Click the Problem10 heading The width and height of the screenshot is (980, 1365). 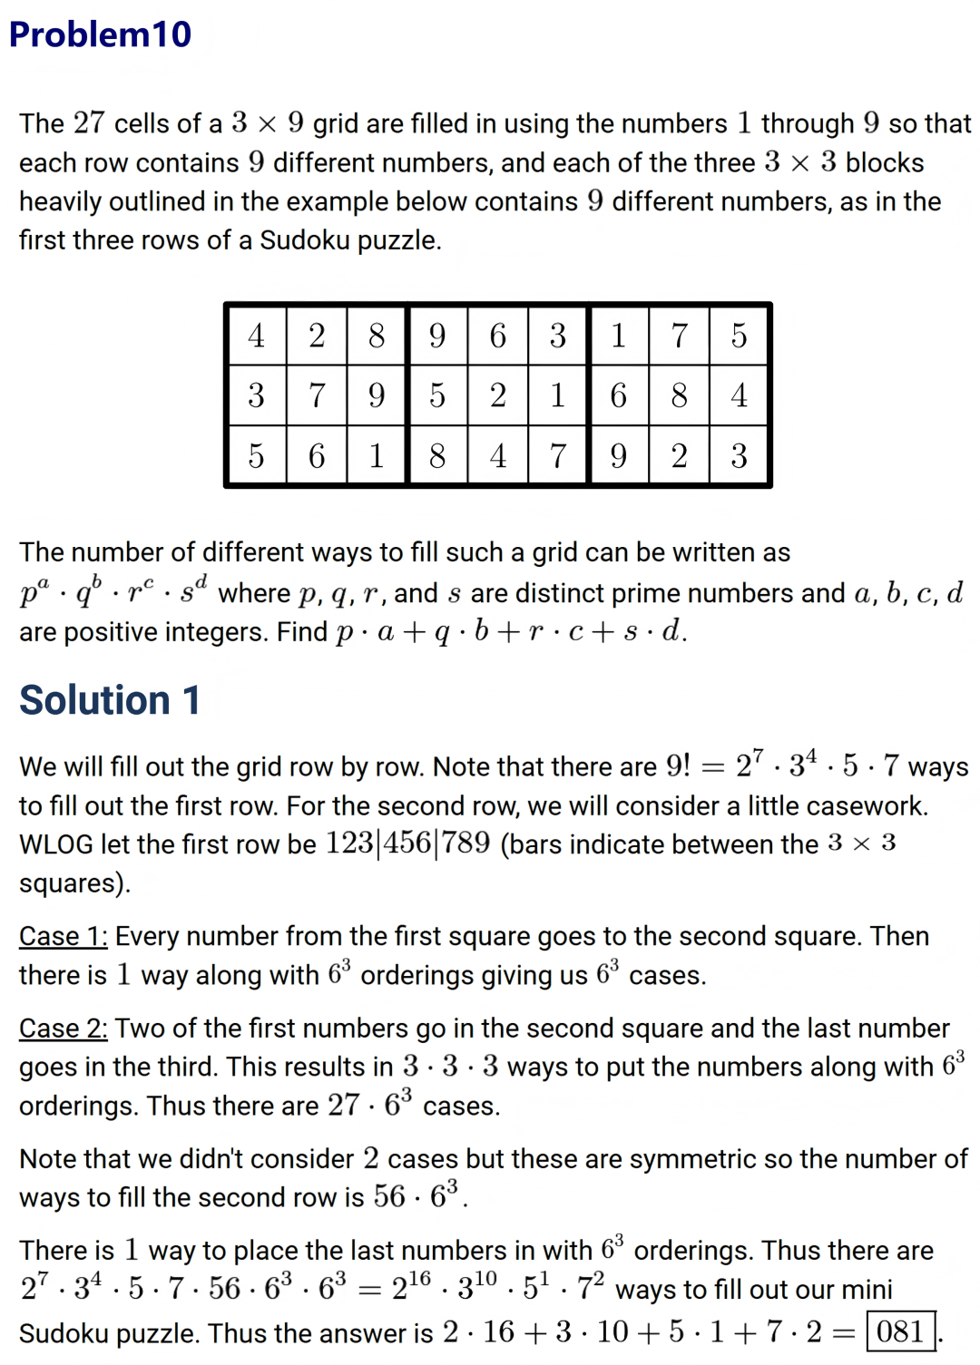pyautogui.click(x=100, y=34)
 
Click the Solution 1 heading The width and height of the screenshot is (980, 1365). pyautogui.click(x=110, y=700)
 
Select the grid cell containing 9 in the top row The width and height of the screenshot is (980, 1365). pyautogui.click(x=437, y=336)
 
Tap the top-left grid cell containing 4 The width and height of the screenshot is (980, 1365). pyautogui.click(x=257, y=336)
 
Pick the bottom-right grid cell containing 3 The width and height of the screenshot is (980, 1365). pyautogui.click(x=740, y=455)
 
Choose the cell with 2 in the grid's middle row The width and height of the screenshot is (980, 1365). pyautogui.click(x=498, y=395)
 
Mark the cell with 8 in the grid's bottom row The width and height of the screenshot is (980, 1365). pyautogui.click(x=437, y=455)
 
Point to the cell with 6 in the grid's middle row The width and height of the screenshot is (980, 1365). pyautogui.click(x=619, y=395)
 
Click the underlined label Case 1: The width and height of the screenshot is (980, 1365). pyautogui.click(x=64, y=936)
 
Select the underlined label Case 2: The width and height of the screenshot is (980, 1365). pyautogui.click(x=64, y=1028)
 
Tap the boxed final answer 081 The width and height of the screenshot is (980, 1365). pyautogui.click(x=900, y=1331)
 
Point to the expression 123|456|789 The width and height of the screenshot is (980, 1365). pyautogui.click(x=407, y=843)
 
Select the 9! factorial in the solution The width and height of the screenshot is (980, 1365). pyautogui.click(x=678, y=766)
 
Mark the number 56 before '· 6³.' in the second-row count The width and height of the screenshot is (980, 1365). pyautogui.click(x=389, y=1197)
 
